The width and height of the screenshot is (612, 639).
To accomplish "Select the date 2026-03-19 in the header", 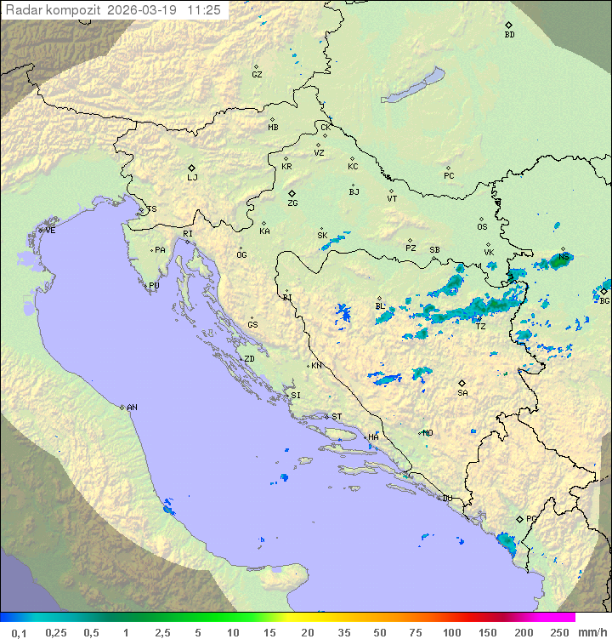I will (x=145, y=9).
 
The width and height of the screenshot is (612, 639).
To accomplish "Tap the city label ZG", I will (x=292, y=203).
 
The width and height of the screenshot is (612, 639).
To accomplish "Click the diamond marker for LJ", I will (x=192, y=168).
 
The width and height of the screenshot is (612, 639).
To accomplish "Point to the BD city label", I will (x=509, y=35).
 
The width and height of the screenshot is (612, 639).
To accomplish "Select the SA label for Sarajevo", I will (x=462, y=393).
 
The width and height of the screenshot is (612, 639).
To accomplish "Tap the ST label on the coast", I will (x=337, y=417).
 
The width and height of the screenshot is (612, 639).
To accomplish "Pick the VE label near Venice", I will (x=50, y=231).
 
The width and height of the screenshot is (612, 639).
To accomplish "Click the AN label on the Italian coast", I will (x=132, y=408).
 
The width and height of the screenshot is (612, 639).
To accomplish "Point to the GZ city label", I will (x=257, y=75).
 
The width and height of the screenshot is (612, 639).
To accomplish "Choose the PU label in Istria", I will (x=154, y=286).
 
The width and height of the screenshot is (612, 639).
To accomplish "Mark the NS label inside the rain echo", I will (x=564, y=256).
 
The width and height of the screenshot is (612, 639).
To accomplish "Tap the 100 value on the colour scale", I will (x=451, y=632).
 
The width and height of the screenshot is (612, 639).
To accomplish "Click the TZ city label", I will (x=481, y=326).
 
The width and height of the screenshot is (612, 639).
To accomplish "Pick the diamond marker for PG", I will (x=520, y=519).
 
